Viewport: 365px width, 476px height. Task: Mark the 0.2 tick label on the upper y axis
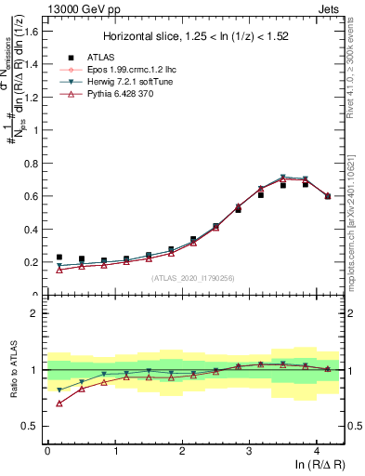point(32,262)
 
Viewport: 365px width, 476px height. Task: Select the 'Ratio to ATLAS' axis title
point(13,370)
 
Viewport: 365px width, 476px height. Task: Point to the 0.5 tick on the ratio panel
point(32,426)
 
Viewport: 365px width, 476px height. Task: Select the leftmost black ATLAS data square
point(59,258)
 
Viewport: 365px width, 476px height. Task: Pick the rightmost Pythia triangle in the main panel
point(328,195)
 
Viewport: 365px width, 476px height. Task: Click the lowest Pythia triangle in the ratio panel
point(59,403)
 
